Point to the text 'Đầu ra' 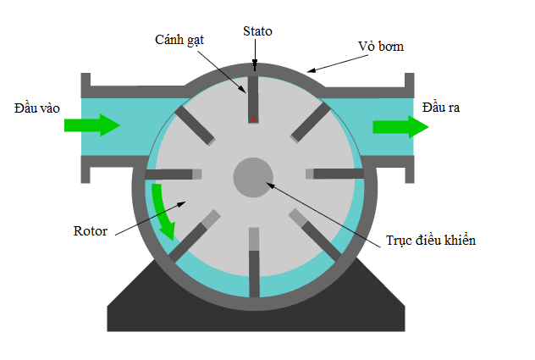point(441,107)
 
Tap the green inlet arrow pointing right point(92,126)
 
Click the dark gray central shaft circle point(253,176)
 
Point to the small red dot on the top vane point(252,119)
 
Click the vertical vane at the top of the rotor point(252,97)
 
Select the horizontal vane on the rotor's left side point(174,174)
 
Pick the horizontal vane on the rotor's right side point(334,174)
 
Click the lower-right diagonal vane point(312,233)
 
